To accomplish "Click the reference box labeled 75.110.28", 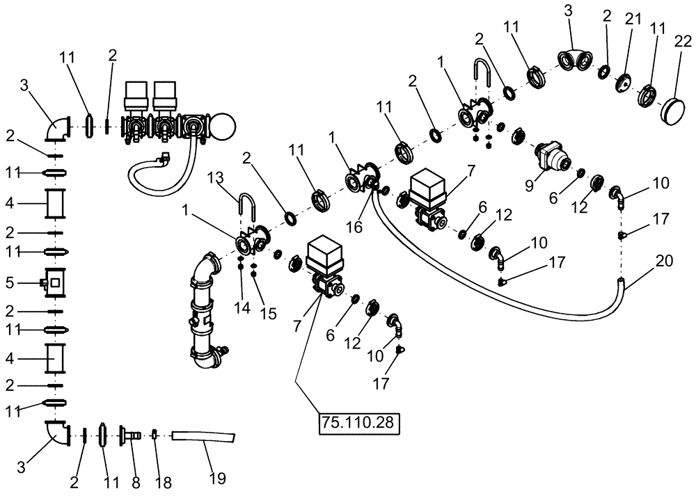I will (360, 423).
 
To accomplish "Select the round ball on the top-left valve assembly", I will (221, 126).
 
